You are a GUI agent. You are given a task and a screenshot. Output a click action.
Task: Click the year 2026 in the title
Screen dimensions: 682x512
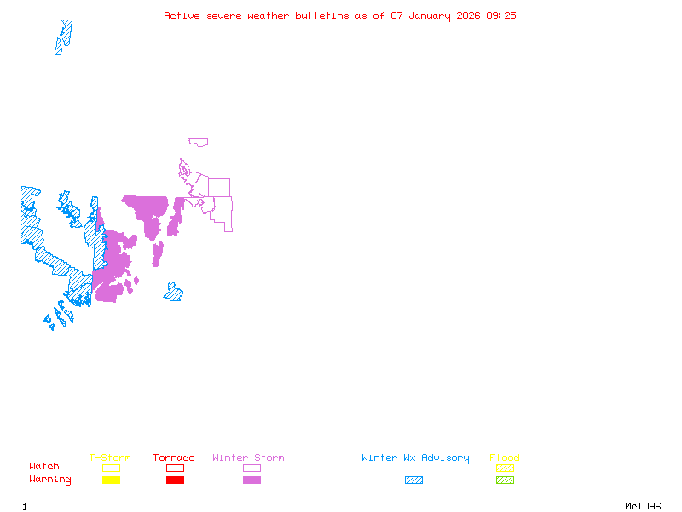point(468,15)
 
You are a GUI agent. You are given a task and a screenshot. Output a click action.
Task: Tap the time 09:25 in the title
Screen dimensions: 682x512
point(501,15)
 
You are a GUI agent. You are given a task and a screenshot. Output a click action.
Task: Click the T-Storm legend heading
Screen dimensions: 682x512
point(110,457)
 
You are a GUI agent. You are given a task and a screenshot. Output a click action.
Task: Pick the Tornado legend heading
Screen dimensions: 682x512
point(174,457)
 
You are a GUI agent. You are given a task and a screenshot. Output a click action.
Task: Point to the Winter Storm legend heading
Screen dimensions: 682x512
point(248,457)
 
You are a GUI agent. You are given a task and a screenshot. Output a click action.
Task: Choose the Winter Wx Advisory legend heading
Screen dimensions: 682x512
point(415,458)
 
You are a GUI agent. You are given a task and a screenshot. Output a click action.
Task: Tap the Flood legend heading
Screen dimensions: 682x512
point(505,457)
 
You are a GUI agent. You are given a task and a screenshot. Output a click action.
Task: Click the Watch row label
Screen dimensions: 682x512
point(44,466)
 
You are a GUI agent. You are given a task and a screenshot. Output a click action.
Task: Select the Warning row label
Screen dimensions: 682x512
point(50,480)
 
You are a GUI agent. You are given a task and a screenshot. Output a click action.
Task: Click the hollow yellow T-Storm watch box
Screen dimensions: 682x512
point(112,468)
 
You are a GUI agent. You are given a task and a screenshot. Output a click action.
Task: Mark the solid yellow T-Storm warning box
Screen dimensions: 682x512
point(112,480)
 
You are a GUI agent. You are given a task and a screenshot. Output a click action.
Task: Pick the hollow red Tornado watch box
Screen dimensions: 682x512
point(176,468)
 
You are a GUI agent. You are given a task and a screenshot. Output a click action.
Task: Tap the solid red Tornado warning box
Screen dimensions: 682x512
point(176,480)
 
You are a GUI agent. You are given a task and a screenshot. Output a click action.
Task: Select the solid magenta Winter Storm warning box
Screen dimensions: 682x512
point(251,480)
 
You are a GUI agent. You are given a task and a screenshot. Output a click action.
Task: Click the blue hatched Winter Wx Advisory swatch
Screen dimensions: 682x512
point(413,480)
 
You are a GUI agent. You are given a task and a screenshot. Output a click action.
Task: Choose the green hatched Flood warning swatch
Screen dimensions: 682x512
point(505,480)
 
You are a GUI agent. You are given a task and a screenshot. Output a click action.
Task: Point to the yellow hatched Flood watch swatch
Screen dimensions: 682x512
point(505,468)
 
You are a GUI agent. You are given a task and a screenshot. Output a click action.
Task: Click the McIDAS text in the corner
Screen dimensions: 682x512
point(643,506)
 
